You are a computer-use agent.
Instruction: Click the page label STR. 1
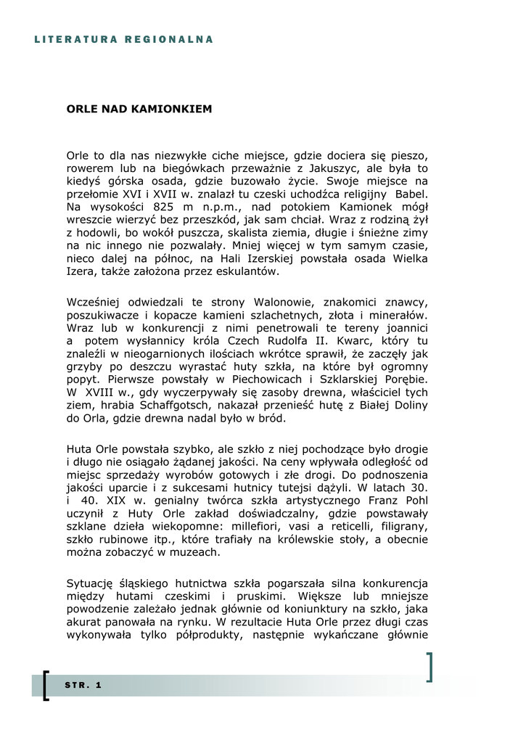tap(83, 686)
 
